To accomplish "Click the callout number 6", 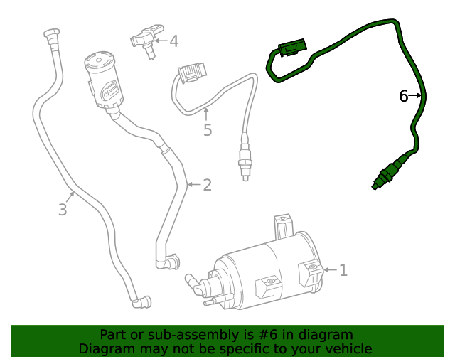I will tap(403, 96).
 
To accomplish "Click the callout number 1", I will tap(343, 270).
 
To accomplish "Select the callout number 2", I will tap(207, 186).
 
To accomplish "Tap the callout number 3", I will tap(63, 209).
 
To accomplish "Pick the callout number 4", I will tap(173, 41).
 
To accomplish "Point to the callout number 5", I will tap(208, 130).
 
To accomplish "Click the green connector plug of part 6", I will tap(290, 48).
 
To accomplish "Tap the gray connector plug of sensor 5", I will tap(190, 74).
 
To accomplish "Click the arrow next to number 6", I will tap(417, 95).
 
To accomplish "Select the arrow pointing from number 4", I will tap(161, 41).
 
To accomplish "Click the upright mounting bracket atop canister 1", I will tap(283, 226).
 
